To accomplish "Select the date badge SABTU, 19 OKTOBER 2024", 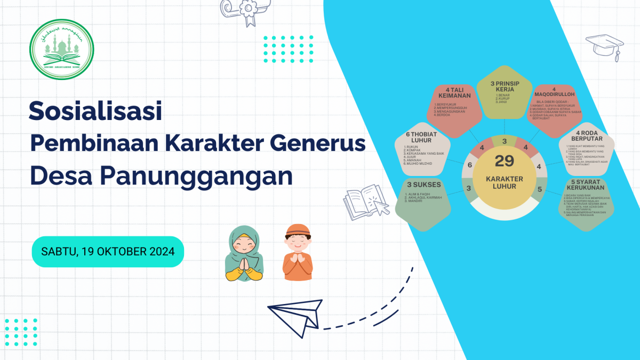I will point(108,251).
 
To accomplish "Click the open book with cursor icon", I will point(366,203).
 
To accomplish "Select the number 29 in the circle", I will point(504,161).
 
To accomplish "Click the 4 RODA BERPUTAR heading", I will point(588,137).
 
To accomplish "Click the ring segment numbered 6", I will point(470,165).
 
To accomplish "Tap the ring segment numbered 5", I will point(539,189).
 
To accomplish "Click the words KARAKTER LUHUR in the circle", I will point(504,182).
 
